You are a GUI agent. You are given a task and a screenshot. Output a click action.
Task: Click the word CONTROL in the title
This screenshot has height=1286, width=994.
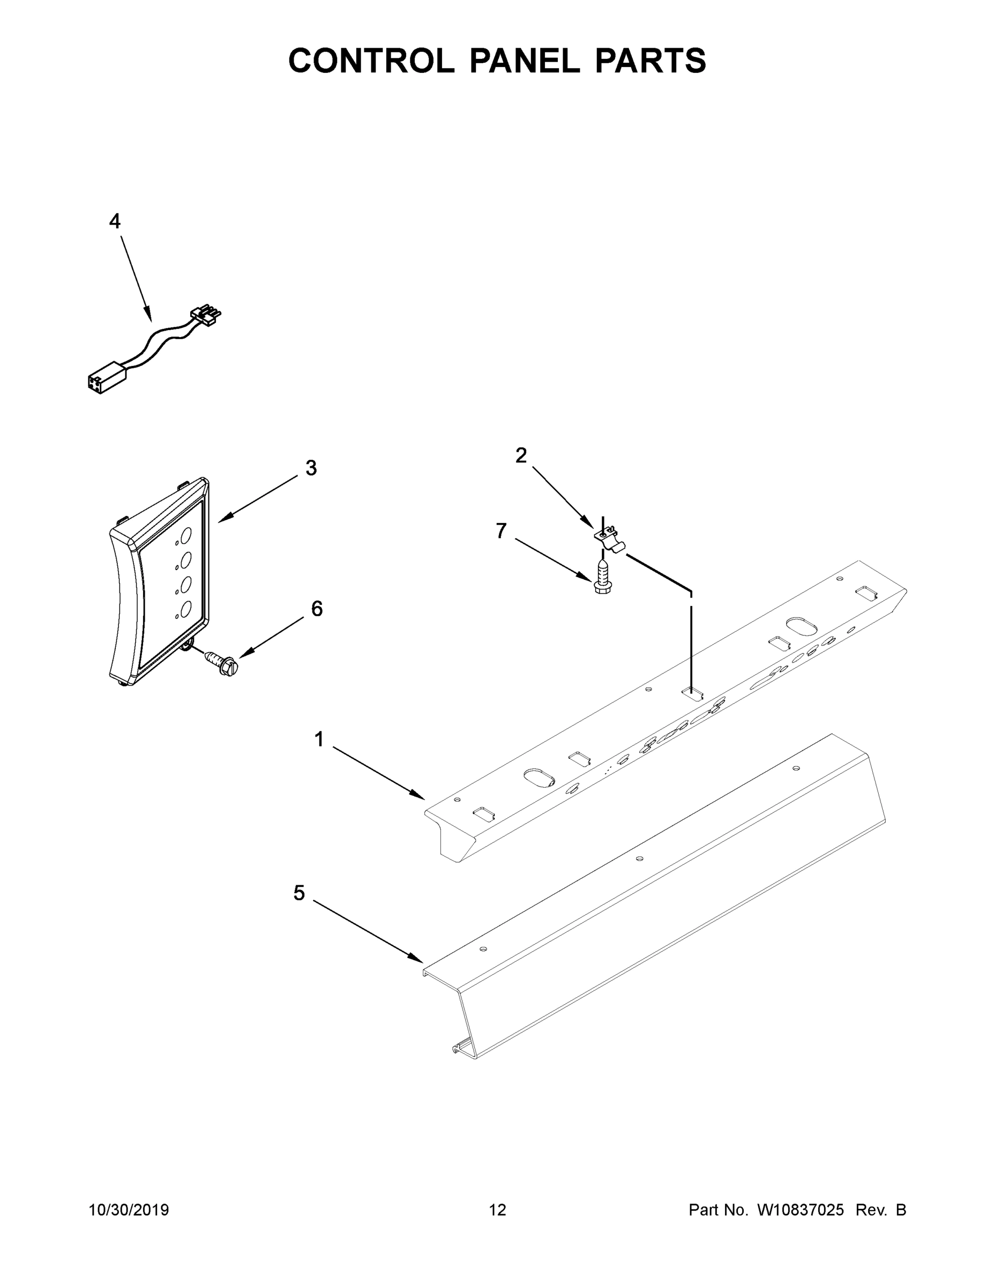tap(371, 60)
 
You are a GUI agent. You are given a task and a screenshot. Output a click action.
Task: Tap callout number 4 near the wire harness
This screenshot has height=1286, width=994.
tap(115, 221)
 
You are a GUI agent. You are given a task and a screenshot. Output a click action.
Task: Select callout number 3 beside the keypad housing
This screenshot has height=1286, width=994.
tap(311, 468)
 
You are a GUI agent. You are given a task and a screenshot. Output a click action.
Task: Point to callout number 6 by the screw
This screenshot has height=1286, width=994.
tap(317, 609)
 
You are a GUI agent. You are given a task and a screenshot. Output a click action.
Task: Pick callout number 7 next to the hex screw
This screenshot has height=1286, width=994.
tap(501, 531)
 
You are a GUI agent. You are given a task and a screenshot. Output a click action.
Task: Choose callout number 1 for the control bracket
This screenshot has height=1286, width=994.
tap(319, 739)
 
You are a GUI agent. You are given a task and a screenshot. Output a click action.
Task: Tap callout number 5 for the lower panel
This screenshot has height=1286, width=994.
tap(299, 893)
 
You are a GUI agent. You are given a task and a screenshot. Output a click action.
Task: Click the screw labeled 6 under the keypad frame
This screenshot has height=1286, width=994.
tap(221, 662)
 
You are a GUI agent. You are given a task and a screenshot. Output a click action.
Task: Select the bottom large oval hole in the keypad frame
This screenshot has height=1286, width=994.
tap(185, 609)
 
